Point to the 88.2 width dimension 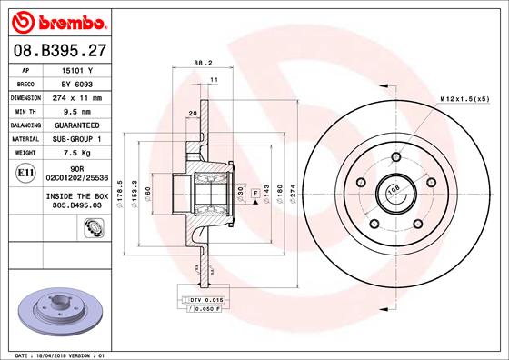pos(204,63)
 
